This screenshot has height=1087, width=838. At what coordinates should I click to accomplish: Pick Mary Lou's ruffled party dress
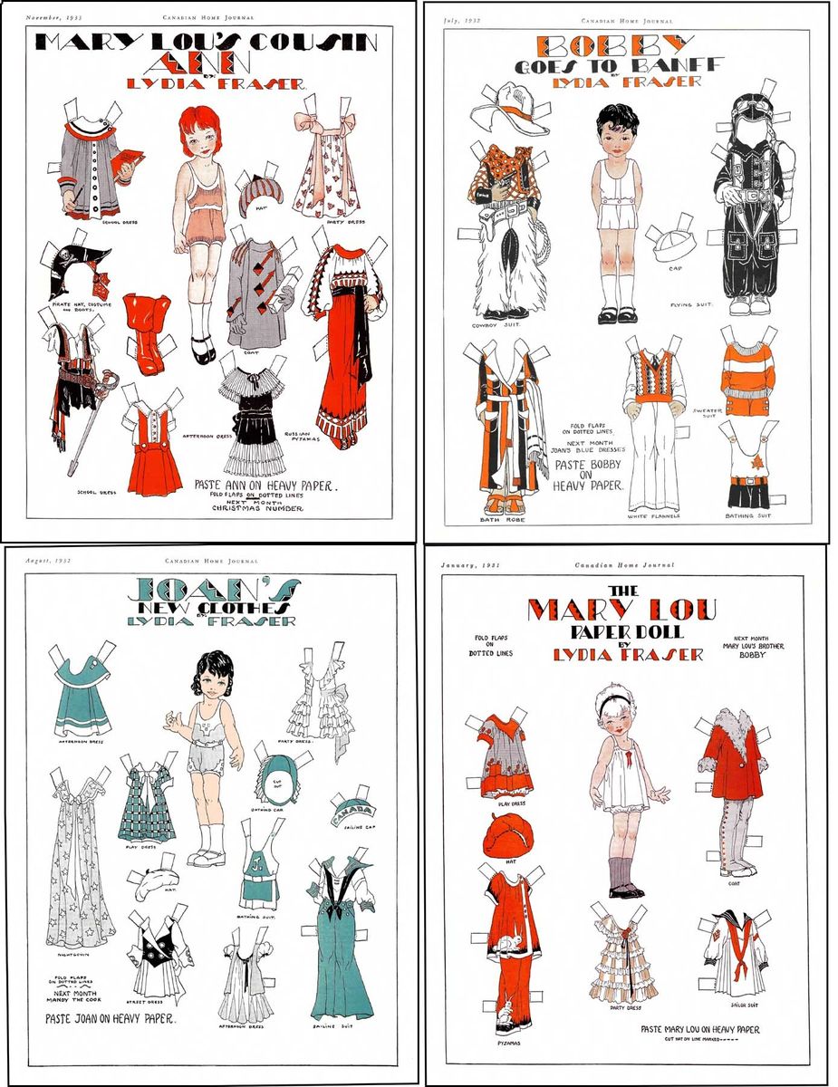tap(623, 951)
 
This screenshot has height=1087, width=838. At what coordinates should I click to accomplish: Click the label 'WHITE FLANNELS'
tap(652, 516)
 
